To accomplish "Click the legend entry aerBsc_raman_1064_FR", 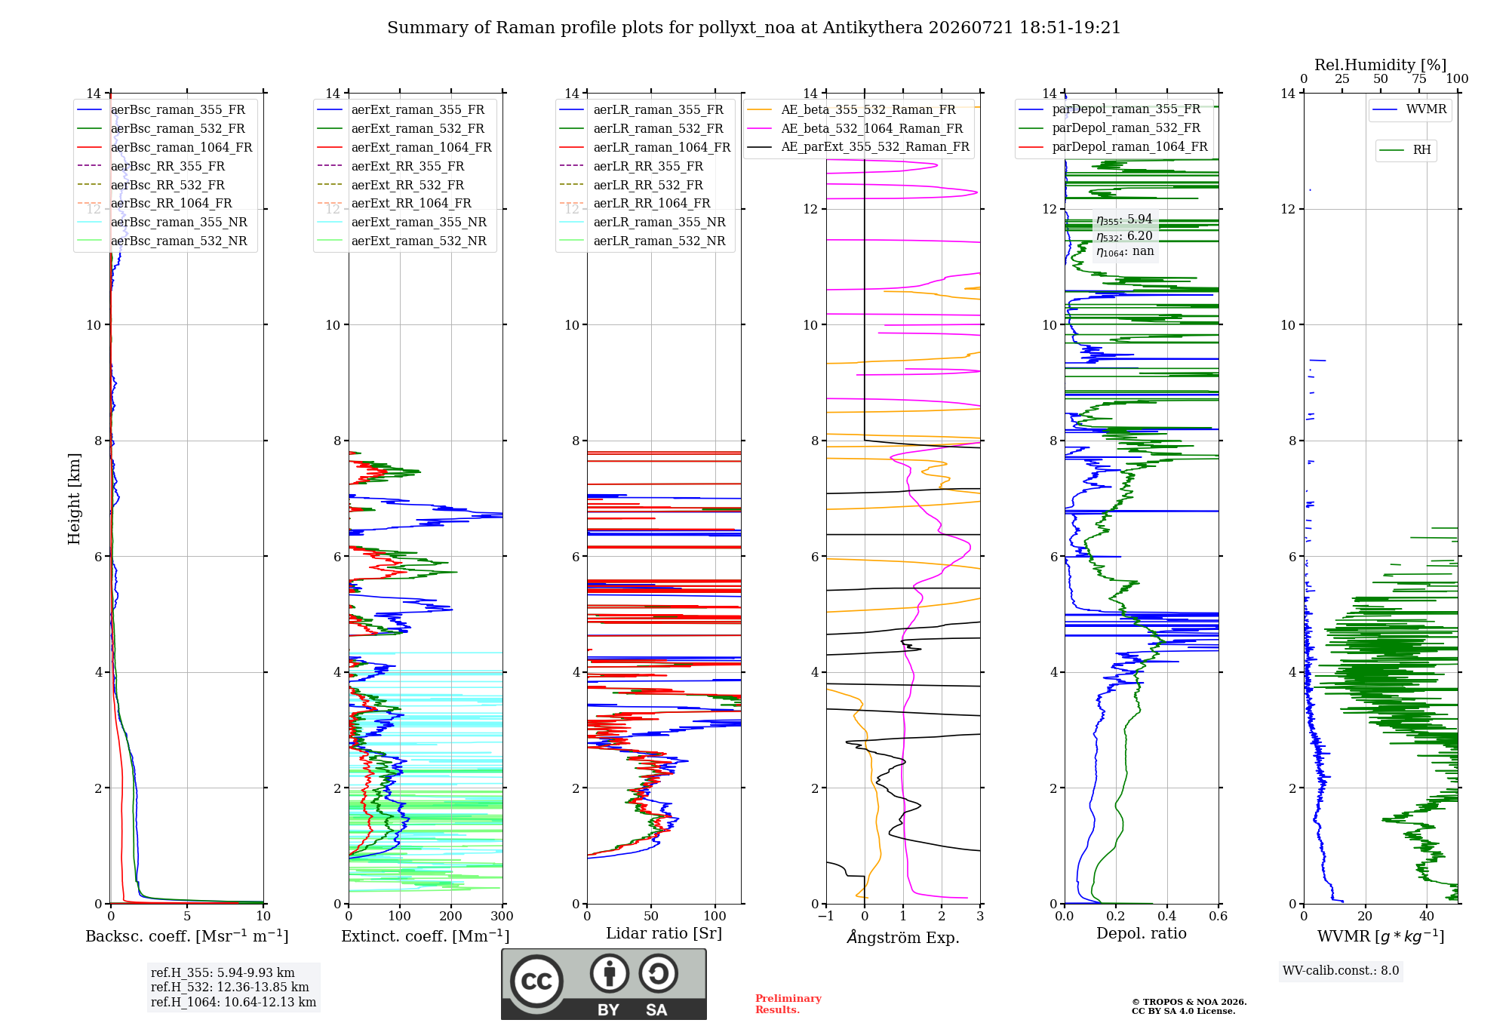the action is tap(164, 147).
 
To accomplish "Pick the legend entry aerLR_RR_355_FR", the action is tap(632, 166).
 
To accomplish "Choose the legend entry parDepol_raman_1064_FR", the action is tap(1113, 146).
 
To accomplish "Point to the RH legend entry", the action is tap(1405, 150).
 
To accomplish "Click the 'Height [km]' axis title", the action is tap(74, 499).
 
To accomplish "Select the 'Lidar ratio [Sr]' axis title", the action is tap(664, 933).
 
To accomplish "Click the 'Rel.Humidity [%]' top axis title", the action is tap(1381, 65).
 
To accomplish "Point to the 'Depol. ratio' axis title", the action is tap(1142, 933).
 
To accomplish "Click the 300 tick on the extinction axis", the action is tap(502, 916).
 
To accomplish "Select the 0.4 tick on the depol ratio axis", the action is tap(1167, 916).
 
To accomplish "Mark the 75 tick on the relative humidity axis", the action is tap(1419, 78).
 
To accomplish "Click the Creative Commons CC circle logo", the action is tap(536, 981).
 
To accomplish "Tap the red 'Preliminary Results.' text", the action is tap(788, 1004).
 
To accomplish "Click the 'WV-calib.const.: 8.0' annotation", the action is tap(1341, 971).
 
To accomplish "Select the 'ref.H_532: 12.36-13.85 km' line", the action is tap(230, 987).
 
